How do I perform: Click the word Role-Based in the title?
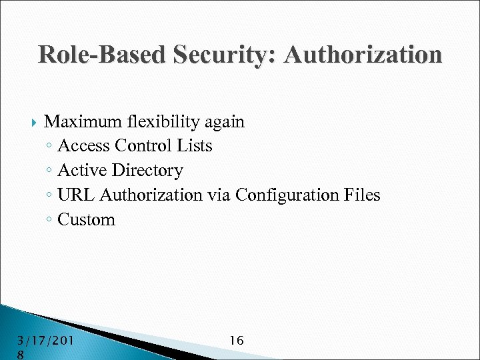(x=98, y=54)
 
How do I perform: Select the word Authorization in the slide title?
(x=363, y=54)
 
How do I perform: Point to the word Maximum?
(x=81, y=122)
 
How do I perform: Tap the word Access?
(x=84, y=146)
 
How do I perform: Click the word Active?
(x=83, y=171)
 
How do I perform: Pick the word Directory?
(x=147, y=171)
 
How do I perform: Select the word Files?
(x=363, y=195)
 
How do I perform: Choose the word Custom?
(x=87, y=220)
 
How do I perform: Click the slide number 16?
(x=236, y=341)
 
